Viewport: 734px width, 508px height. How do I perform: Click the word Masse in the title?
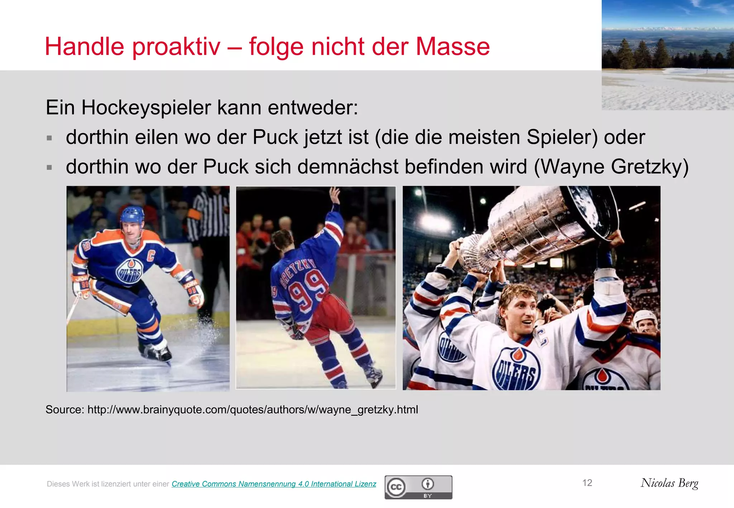[453, 47]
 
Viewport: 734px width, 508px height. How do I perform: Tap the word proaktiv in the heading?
[176, 47]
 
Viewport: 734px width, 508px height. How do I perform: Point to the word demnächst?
[348, 167]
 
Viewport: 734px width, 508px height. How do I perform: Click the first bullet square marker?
[49, 138]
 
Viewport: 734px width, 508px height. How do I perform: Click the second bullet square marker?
[49, 167]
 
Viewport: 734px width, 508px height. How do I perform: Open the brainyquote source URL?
[253, 409]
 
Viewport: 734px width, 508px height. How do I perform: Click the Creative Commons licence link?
[274, 484]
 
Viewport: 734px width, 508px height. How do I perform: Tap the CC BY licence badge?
[418, 487]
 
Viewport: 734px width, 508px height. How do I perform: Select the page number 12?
[587, 483]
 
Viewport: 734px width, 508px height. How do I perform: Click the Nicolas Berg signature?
[669, 483]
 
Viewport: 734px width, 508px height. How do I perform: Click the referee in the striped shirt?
[208, 229]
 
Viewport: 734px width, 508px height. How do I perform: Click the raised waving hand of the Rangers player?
[335, 195]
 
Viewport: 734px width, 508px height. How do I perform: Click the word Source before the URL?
[64, 409]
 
